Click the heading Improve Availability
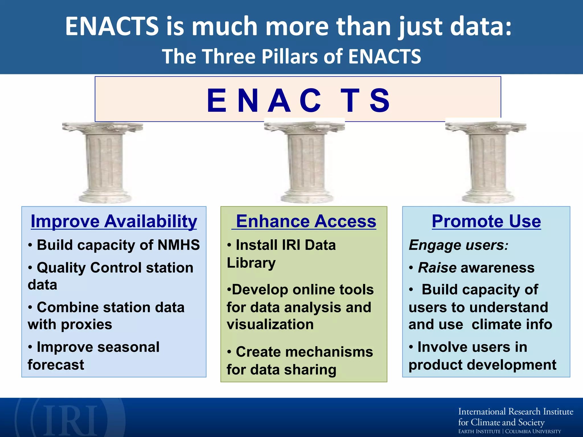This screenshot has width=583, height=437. (x=114, y=221)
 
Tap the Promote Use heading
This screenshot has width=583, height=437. (x=486, y=221)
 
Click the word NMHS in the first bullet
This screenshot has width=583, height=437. (x=179, y=245)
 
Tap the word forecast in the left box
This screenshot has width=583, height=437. (x=56, y=365)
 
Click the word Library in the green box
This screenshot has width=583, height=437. (x=251, y=263)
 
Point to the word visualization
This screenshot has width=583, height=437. (x=270, y=324)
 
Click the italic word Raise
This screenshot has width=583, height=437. (x=437, y=268)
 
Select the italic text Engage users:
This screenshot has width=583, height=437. (x=458, y=245)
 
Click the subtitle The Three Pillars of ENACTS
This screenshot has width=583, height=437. (x=291, y=56)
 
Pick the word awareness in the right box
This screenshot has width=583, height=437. (x=498, y=268)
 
